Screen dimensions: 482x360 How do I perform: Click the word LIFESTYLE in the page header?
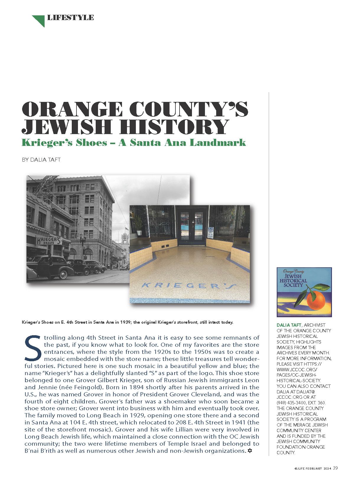pyautogui.click(x=70, y=18)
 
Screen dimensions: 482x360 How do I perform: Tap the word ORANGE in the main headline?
pyautogui.click(x=72, y=109)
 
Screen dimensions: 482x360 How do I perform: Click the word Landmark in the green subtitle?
pyautogui.click(x=218, y=143)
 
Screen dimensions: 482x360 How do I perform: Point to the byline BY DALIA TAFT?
pyautogui.click(x=41, y=160)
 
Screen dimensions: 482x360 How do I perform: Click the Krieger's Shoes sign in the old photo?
pyautogui.click(x=49, y=241)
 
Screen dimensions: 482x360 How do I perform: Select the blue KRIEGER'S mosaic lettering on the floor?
pyautogui.click(x=188, y=286)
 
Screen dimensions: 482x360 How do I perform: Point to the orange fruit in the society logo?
pyautogui.click(x=316, y=300)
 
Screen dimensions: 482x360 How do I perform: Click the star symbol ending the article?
pyautogui.click(x=250, y=451)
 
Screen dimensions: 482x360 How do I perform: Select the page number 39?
pyautogui.click(x=335, y=468)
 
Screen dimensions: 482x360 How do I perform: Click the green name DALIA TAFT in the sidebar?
pyautogui.click(x=289, y=325)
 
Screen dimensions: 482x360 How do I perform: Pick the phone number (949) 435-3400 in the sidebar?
pyautogui.click(x=291, y=403)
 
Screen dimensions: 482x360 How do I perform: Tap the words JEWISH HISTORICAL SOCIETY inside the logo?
pyautogui.click(x=293, y=281)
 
